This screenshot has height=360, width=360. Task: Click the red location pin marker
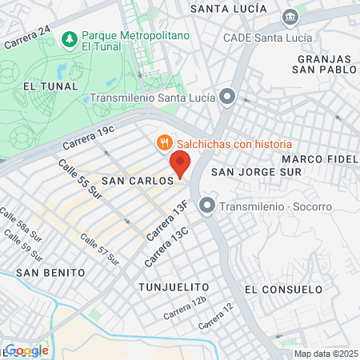pos(180,164)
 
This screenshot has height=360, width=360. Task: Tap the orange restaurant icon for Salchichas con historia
pos(164,142)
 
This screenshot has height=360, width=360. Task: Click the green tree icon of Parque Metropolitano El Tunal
pos(70,38)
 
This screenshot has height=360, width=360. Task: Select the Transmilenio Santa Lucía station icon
pos(228,98)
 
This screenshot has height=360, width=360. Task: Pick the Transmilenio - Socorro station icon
pos(208,206)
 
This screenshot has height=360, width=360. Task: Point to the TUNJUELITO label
pos(174,286)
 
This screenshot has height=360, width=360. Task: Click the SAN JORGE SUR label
pos(256,171)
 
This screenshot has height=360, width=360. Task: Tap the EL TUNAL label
pos(50,86)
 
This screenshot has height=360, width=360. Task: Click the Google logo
pos(26,350)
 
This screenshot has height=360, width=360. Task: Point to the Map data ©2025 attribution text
pos(325,354)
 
